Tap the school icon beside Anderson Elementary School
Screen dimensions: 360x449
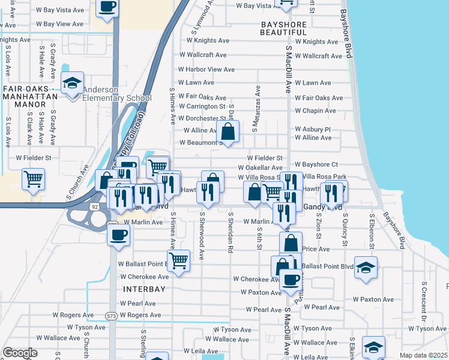click(x=73, y=83)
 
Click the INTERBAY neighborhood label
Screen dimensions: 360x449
click(x=143, y=289)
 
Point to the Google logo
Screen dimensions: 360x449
click(x=20, y=353)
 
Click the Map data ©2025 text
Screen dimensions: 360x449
click(x=424, y=355)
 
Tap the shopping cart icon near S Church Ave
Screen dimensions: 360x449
click(x=33, y=179)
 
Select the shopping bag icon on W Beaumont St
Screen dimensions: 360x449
click(x=228, y=131)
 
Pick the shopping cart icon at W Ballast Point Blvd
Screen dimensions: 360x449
click(x=178, y=260)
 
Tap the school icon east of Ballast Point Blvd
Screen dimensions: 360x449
click(x=366, y=267)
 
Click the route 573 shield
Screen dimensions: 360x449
click(x=112, y=315)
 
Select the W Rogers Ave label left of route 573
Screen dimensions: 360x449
click(x=73, y=314)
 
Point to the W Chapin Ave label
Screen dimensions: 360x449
click(x=315, y=111)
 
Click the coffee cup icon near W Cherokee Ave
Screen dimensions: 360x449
click(x=291, y=280)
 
